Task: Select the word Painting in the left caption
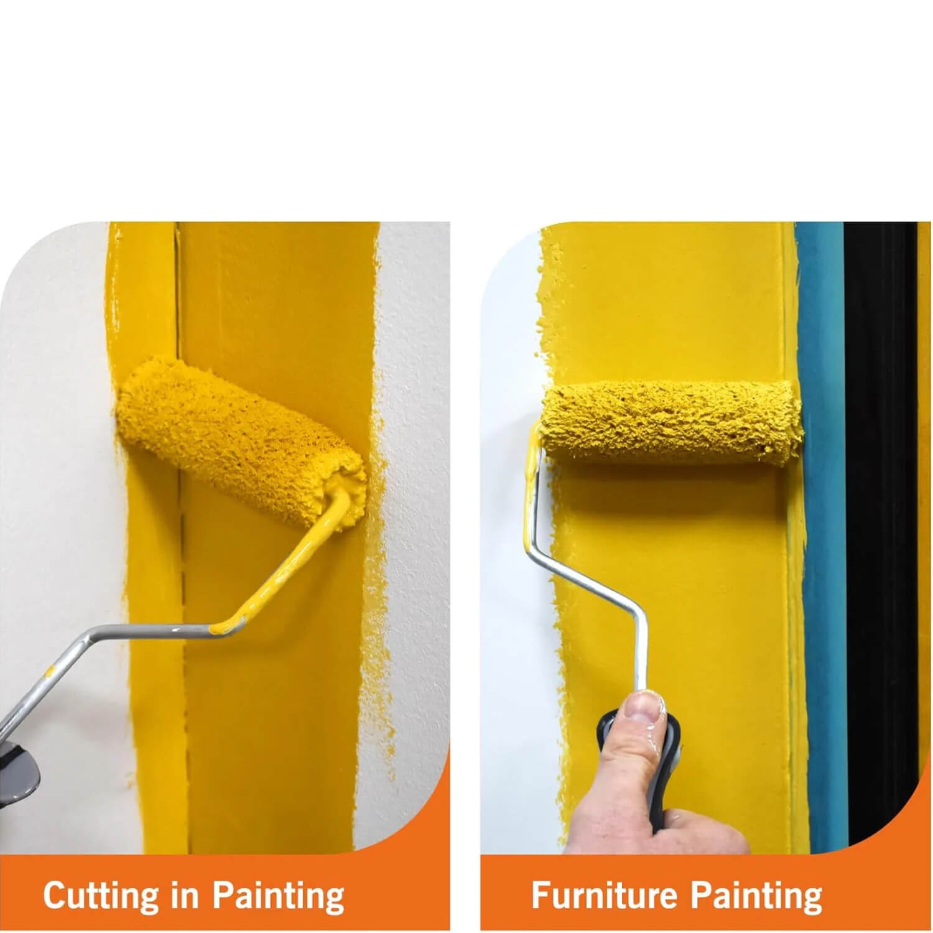click(278, 897)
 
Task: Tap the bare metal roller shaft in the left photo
click(106, 653)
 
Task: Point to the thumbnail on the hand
click(649, 706)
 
